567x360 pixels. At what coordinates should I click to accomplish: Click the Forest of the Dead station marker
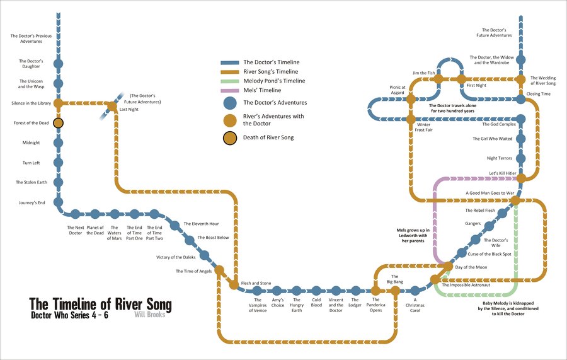pyautogui.click(x=59, y=123)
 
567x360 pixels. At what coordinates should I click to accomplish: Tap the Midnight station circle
pyautogui.click(x=59, y=143)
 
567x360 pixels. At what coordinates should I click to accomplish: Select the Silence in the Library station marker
pyautogui.click(x=59, y=103)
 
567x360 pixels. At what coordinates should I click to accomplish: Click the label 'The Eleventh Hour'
pyautogui.click(x=201, y=224)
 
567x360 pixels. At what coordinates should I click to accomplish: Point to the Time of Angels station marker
pyautogui.click(x=220, y=271)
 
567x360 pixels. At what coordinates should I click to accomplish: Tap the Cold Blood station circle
pyautogui.click(x=316, y=291)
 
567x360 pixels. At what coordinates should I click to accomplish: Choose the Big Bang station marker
pyautogui.click(x=395, y=291)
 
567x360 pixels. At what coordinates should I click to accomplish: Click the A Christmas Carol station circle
pyautogui.click(x=415, y=291)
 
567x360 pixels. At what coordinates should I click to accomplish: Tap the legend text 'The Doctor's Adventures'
pyautogui.click(x=275, y=102)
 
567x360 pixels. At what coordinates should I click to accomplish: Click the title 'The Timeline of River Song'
pyautogui.click(x=101, y=304)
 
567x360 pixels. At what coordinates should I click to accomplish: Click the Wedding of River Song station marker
pyautogui.click(x=521, y=79)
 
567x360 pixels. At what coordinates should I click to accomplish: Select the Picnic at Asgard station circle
pyautogui.click(x=410, y=99)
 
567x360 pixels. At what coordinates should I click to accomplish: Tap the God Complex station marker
pyautogui.click(x=521, y=118)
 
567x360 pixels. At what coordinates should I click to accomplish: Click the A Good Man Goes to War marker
pyautogui.click(x=515, y=200)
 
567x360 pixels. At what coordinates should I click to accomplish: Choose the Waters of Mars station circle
pyautogui.click(x=115, y=214)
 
